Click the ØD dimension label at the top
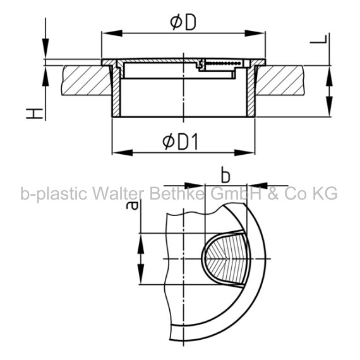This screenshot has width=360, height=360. (183, 22)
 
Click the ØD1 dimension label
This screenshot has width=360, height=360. (180, 142)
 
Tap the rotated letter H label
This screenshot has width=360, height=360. (35, 114)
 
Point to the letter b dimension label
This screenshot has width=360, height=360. (225, 176)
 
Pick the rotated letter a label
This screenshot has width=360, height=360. (132, 205)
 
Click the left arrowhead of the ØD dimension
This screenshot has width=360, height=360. (112, 33)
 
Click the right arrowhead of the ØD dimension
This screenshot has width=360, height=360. (255, 33)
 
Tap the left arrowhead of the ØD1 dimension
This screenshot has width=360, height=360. (123, 153)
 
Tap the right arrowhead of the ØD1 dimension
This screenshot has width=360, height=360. (244, 153)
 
